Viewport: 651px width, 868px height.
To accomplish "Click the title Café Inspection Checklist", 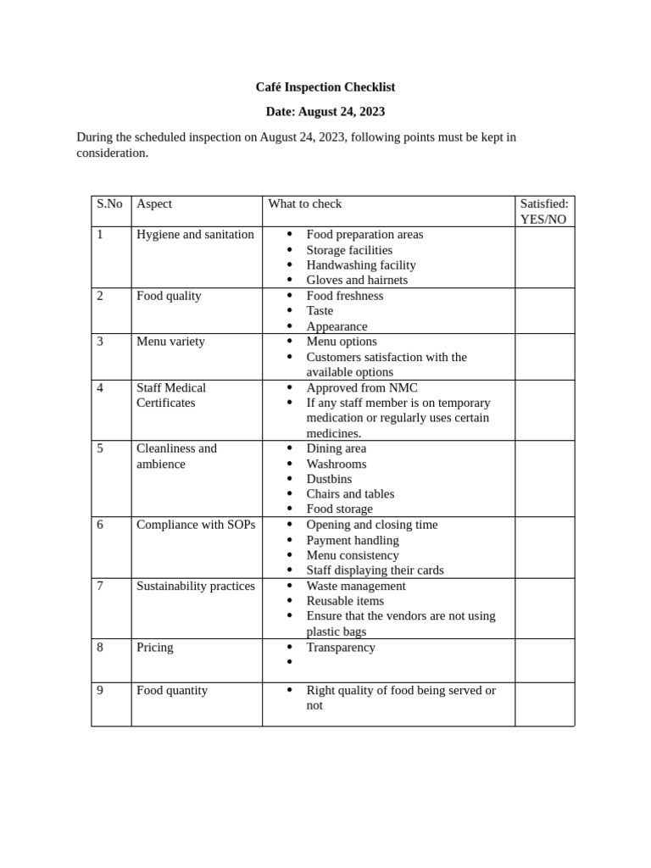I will (325, 87).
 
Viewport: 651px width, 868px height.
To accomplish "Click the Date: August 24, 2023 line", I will (325, 112).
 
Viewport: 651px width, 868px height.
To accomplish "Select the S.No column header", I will (109, 204).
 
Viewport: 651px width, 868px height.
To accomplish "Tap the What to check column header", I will (305, 204).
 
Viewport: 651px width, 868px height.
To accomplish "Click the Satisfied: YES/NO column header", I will (544, 211).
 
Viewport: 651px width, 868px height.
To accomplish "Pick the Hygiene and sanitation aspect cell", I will (195, 235).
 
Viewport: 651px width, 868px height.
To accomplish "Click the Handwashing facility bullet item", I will (361, 265).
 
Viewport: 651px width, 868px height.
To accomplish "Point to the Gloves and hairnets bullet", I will (357, 281).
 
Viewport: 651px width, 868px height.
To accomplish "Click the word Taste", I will (320, 311).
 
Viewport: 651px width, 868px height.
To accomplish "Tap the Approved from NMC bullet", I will (362, 388).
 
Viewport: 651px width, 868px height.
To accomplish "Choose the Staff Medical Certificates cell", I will (171, 395).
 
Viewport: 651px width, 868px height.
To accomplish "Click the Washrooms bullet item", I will (337, 465).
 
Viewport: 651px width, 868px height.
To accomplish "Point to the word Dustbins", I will (329, 480).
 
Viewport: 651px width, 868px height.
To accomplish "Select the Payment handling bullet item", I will (353, 541).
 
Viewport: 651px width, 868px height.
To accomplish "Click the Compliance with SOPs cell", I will (196, 526).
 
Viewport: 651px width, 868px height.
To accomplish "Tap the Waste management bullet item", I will (356, 587).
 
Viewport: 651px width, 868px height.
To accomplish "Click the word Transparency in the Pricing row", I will (341, 648).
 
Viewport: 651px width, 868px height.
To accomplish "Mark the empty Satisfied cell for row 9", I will (544, 704).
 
